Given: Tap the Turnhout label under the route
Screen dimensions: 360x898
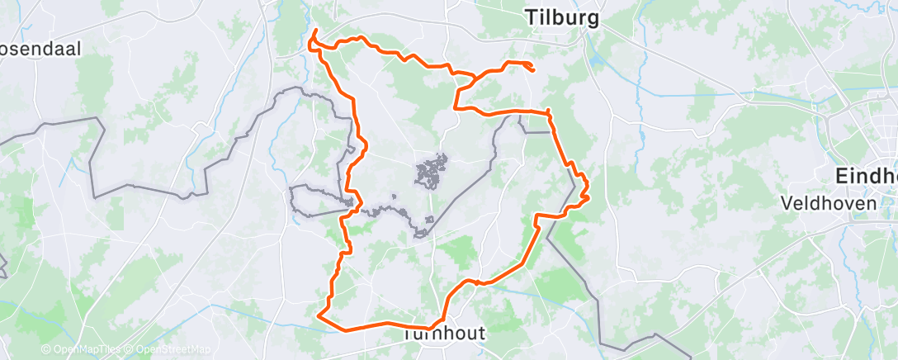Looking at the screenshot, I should [443, 334].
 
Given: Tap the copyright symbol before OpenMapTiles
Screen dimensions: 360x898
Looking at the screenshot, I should [46, 350].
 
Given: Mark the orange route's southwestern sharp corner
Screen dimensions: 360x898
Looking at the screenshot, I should [319, 314].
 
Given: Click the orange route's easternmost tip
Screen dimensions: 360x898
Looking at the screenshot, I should [588, 196].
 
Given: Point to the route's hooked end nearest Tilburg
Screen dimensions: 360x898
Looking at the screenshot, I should [532, 70].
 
